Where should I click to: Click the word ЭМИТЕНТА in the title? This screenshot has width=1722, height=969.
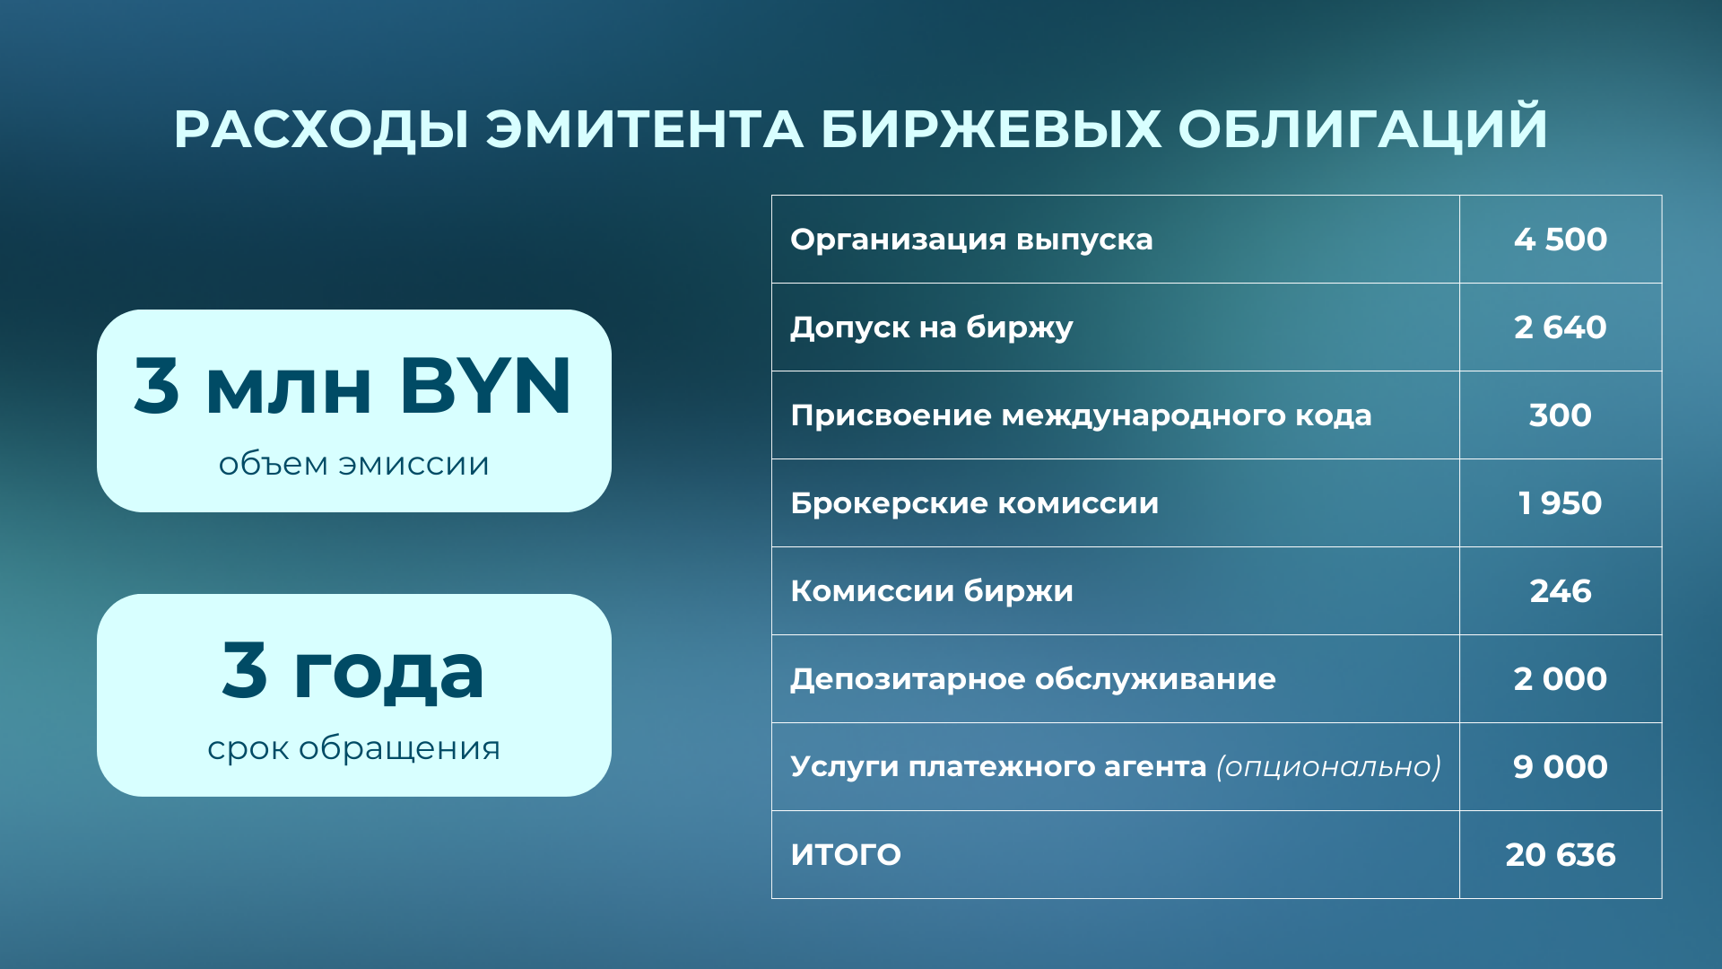click(645, 129)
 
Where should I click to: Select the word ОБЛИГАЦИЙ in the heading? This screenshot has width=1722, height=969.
click(1362, 129)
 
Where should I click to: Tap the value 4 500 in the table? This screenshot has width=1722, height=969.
click(1561, 240)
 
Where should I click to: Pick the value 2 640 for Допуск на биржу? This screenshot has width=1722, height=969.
click(1561, 327)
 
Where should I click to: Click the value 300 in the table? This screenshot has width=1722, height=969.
click(1561, 415)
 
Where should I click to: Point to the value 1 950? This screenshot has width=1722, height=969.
click(1561, 503)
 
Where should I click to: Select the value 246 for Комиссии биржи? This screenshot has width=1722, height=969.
click(1561, 591)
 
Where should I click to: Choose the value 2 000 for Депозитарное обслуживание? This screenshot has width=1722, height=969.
click(1561, 679)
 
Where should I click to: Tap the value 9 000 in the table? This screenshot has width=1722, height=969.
click(1561, 767)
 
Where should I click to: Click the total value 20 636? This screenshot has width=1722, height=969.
click(1561, 855)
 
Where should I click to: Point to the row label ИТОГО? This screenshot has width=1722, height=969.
click(846, 855)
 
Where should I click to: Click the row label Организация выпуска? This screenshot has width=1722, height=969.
click(971, 240)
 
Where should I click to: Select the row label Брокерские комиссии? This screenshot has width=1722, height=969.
click(974, 503)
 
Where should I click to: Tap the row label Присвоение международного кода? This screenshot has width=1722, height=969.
click(1081, 415)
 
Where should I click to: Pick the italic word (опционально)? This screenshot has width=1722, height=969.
click(1328, 767)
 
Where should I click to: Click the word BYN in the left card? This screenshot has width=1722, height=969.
click(485, 387)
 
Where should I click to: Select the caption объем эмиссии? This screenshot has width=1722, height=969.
click(354, 464)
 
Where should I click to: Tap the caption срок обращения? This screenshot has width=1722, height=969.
click(354, 748)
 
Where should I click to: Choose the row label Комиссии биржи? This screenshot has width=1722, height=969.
click(932, 591)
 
